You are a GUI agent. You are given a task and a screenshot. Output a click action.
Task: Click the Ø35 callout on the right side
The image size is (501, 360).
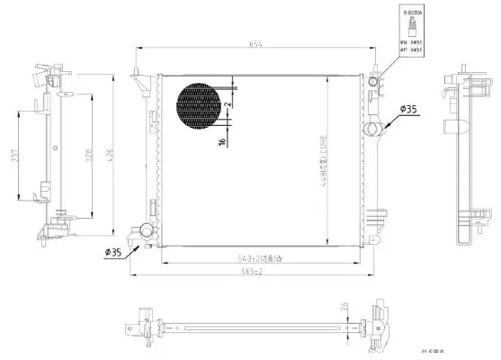coord(408,110)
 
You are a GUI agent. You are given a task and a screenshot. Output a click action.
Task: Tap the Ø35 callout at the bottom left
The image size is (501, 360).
coord(114,251)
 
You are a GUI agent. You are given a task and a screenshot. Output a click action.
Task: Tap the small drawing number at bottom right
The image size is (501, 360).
coord(445,344)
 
